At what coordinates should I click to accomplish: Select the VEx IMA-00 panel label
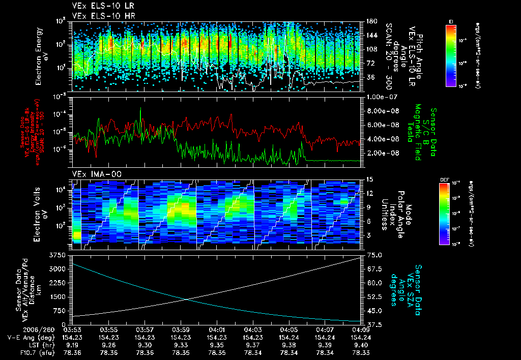pos(93,174)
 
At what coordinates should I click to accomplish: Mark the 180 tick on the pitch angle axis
pos(371,21)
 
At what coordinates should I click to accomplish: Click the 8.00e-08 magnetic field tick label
pos(381,111)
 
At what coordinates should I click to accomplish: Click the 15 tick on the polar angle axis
pos(369,179)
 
